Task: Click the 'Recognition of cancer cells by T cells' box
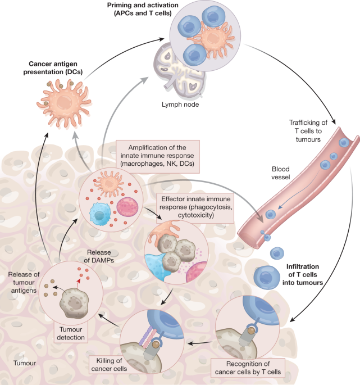click(x=248, y=368)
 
